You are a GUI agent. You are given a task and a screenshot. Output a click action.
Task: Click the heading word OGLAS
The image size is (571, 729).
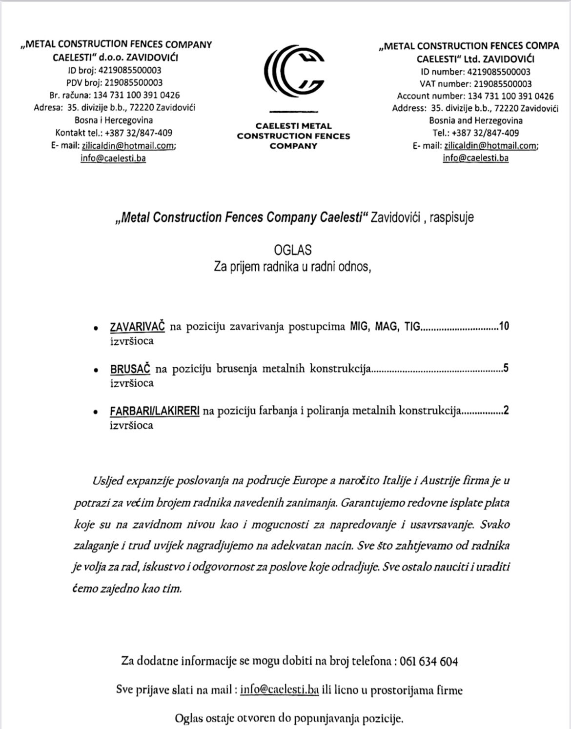pyautogui.click(x=293, y=250)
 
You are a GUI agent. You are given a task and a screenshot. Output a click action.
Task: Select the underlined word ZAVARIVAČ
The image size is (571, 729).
pyautogui.click(x=138, y=326)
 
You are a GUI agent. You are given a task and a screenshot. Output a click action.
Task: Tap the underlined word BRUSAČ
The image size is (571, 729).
pyautogui.click(x=130, y=369)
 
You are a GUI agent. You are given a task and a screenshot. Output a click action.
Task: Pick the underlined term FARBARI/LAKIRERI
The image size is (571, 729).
pyautogui.click(x=155, y=411)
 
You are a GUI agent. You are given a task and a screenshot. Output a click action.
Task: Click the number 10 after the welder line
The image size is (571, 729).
pyautogui.click(x=504, y=326)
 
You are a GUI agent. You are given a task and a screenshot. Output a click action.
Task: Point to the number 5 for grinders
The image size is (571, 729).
pyautogui.click(x=506, y=368)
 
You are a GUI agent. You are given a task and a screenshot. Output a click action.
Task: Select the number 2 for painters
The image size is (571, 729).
pyautogui.click(x=507, y=411)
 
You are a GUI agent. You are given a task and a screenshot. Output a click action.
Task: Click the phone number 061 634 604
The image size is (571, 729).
pyautogui.click(x=428, y=662)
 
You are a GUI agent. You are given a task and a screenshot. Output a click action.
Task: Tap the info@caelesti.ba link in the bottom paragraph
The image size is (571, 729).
pyautogui.click(x=280, y=690)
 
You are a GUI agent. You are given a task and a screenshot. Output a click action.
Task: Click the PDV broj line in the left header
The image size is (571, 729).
pyautogui.click(x=115, y=83)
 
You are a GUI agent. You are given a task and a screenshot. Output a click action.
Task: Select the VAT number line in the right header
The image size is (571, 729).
pyautogui.click(x=475, y=84)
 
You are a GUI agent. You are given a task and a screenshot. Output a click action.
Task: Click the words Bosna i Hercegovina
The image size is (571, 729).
pyautogui.click(x=114, y=120)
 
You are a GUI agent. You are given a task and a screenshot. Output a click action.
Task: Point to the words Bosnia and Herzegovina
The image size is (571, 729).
pyautogui.click(x=476, y=120)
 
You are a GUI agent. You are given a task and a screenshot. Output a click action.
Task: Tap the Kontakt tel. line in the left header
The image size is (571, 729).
pyautogui.click(x=114, y=133)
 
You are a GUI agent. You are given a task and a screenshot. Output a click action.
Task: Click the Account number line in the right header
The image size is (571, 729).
pyautogui.click(x=475, y=96)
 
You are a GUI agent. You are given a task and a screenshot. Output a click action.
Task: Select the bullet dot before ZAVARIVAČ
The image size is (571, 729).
pyautogui.click(x=97, y=328)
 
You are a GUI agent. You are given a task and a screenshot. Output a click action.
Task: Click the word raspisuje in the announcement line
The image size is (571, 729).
pyautogui.click(x=451, y=217)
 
